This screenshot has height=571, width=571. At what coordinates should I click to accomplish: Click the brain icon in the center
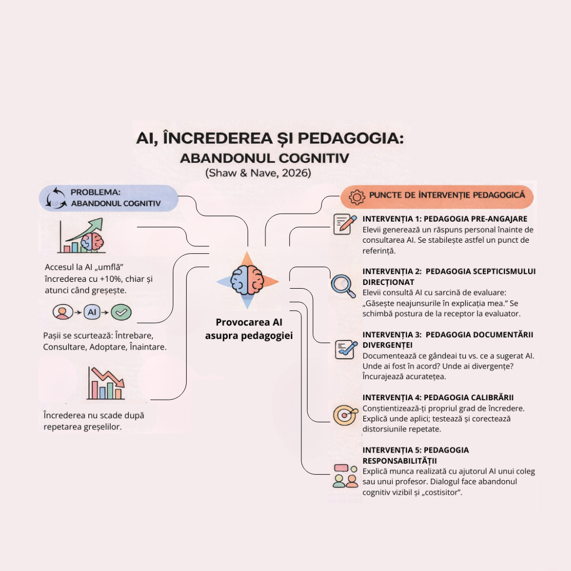click(x=247, y=280)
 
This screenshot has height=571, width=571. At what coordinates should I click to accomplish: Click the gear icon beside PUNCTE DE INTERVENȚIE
click(x=357, y=197)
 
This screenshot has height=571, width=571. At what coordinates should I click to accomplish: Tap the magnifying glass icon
click(x=343, y=285)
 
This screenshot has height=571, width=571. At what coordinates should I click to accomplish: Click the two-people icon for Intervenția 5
click(x=346, y=476)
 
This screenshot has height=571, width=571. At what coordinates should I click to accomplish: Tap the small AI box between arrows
click(x=92, y=312)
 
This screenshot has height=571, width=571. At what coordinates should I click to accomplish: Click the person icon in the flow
click(x=63, y=312)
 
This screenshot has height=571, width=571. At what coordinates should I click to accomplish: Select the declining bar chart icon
click(x=106, y=384)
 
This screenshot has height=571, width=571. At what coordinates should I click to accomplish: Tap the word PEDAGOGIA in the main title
click(x=351, y=138)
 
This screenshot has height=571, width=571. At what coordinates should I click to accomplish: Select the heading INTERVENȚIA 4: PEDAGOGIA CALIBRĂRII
click(x=438, y=398)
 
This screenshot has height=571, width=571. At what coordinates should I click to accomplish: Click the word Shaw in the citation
click(x=221, y=172)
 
